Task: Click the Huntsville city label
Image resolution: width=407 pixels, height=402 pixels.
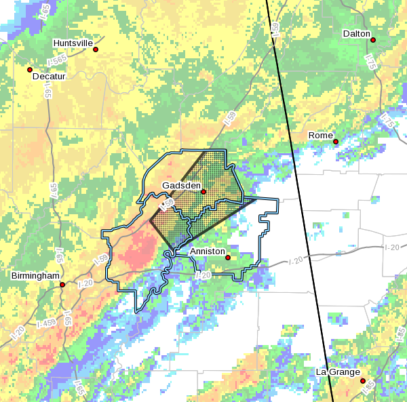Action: pos(73,43)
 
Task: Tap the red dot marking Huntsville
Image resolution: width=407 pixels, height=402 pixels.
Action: pos(96,49)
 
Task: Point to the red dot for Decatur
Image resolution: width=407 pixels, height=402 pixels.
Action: pos(30,69)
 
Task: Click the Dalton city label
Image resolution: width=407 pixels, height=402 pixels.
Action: pos(356,33)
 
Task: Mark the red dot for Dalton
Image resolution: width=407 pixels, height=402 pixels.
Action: pos(372,40)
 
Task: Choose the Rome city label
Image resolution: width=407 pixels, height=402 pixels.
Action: pos(321,136)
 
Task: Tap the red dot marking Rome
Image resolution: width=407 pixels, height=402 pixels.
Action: pos(336,142)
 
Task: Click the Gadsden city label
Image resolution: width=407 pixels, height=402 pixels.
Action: pos(180,185)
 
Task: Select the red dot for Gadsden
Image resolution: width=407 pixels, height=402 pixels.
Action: pos(203,192)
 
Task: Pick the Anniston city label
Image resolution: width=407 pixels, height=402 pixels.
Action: pos(207,251)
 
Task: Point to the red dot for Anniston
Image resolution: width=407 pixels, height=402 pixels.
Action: pos(228,258)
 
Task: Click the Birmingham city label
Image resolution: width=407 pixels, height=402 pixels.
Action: pos(35,276)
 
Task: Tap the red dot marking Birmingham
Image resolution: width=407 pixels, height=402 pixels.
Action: pos(62,285)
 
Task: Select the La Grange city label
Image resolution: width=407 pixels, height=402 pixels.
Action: pos(336,372)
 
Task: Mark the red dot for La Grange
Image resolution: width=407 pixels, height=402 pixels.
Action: pos(362,380)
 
